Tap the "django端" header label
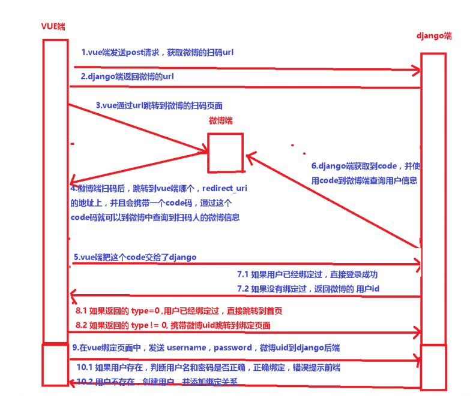[433, 36]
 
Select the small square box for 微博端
[225, 153]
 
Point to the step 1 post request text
[157, 53]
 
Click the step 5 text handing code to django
[135, 257]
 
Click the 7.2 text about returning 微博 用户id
[309, 289]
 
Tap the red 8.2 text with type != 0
[173, 325]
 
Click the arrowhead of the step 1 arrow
[415, 71]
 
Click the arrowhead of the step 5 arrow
[415, 264]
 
